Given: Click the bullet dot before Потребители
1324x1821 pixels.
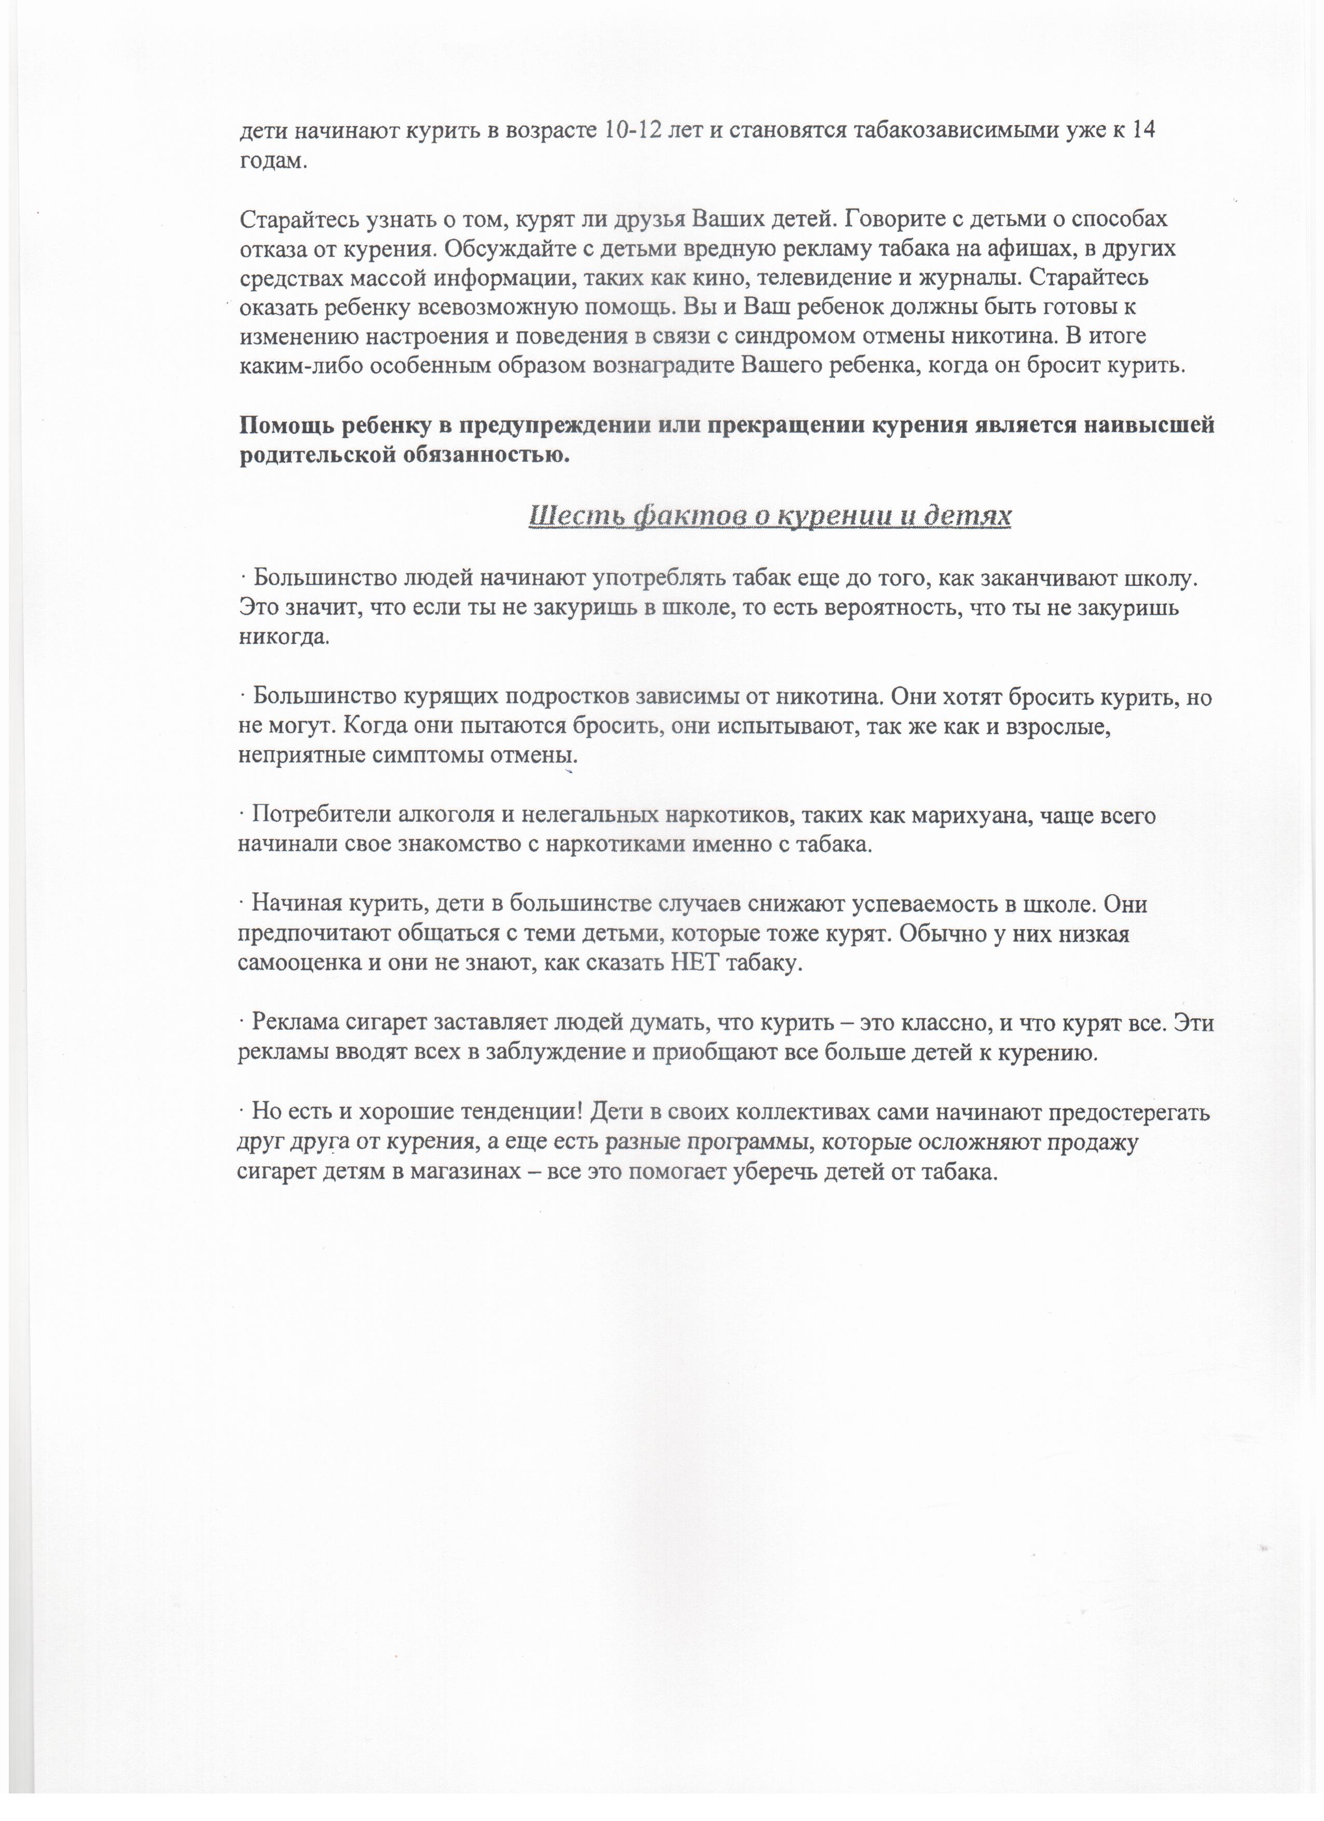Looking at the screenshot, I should pyautogui.click(x=242, y=816).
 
